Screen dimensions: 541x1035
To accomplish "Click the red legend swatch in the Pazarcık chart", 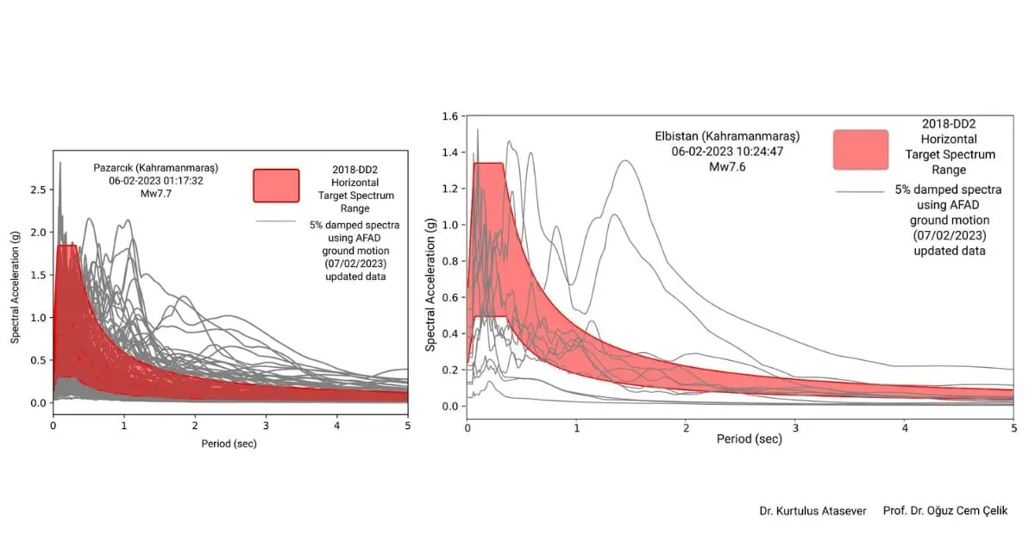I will (x=276, y=185).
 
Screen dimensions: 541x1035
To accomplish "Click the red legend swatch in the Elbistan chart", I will (x=860, y=149).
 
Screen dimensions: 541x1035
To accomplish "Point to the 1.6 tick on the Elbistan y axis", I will (x=450, y=115).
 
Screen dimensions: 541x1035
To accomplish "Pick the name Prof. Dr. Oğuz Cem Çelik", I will (x=945, y=511).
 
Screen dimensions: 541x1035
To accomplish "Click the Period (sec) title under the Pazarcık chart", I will (x=228, y=444).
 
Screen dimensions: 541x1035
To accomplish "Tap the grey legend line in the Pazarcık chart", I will (x=276, y=222).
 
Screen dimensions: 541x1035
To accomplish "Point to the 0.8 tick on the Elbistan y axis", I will (x=450, y=261).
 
